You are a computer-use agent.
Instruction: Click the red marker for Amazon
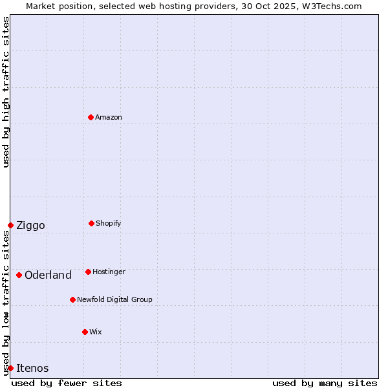(91, 117)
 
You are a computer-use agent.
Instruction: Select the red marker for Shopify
(91, 223)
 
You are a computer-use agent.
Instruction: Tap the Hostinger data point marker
(88, 272)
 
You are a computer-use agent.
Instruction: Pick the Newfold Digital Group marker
(72, 299)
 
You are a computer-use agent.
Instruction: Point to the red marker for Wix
(85, 332)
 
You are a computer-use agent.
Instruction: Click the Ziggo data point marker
(10, 225)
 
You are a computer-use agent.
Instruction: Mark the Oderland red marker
(19, 275)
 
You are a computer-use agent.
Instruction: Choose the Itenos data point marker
(10, 368)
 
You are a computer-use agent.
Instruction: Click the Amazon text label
(109, 118)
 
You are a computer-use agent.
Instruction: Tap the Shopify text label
(109, 224)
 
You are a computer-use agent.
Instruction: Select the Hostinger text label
(109, 272)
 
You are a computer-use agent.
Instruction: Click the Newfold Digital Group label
(114, 300)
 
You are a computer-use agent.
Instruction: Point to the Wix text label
(96, 332)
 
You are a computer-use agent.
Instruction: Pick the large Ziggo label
(30, 226)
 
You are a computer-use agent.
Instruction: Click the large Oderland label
(48, 275)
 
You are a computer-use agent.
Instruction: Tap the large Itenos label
(32, 369)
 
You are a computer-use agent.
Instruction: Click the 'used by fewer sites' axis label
(67, 383)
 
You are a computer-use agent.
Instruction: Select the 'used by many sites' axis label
(325, 383)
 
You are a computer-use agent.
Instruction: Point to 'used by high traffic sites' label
(6, 92)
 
